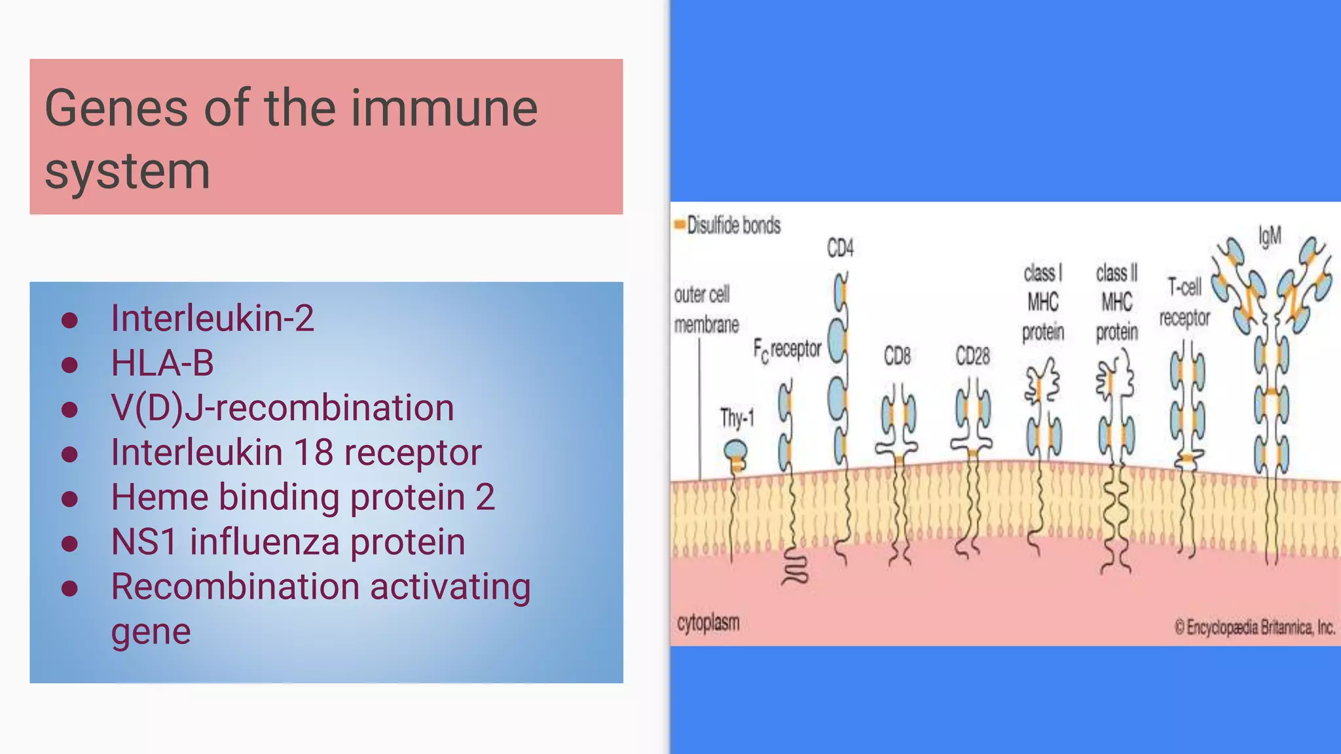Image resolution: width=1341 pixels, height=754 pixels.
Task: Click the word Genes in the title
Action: coord(116,108)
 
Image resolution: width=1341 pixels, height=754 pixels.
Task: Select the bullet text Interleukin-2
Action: coord(212,318)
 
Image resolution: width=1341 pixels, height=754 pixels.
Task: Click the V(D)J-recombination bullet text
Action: coord(282,408)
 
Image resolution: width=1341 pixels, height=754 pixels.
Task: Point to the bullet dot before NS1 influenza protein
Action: coord(69,543)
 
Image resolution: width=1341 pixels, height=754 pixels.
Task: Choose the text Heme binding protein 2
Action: coord(303,497)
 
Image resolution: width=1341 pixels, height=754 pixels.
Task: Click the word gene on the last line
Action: coord(151,632)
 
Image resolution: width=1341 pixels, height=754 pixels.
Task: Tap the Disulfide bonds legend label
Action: coord(733,226)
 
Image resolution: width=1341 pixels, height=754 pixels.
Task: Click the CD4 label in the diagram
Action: coord(840,248)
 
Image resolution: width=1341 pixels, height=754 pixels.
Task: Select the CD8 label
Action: coord(897,356)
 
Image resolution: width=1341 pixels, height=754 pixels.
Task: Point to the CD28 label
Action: coord(972,356)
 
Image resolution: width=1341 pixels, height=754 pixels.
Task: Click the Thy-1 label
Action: coord(737,418)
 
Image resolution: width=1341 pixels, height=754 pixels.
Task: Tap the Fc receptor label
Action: coord(787,350)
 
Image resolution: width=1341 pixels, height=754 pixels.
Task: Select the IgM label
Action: coord(1270,236)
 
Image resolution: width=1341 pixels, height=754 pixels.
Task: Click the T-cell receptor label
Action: coord(1185,302)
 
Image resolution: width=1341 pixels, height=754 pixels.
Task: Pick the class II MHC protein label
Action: coord(1117,302)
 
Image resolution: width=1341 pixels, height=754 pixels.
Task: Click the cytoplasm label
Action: coord(708,622)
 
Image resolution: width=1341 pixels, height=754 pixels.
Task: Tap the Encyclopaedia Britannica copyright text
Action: coord(1255,628)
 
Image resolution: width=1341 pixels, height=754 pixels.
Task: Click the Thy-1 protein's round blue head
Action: coord(735,450)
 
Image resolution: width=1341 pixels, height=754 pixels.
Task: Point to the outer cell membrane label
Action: coord(706,310)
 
